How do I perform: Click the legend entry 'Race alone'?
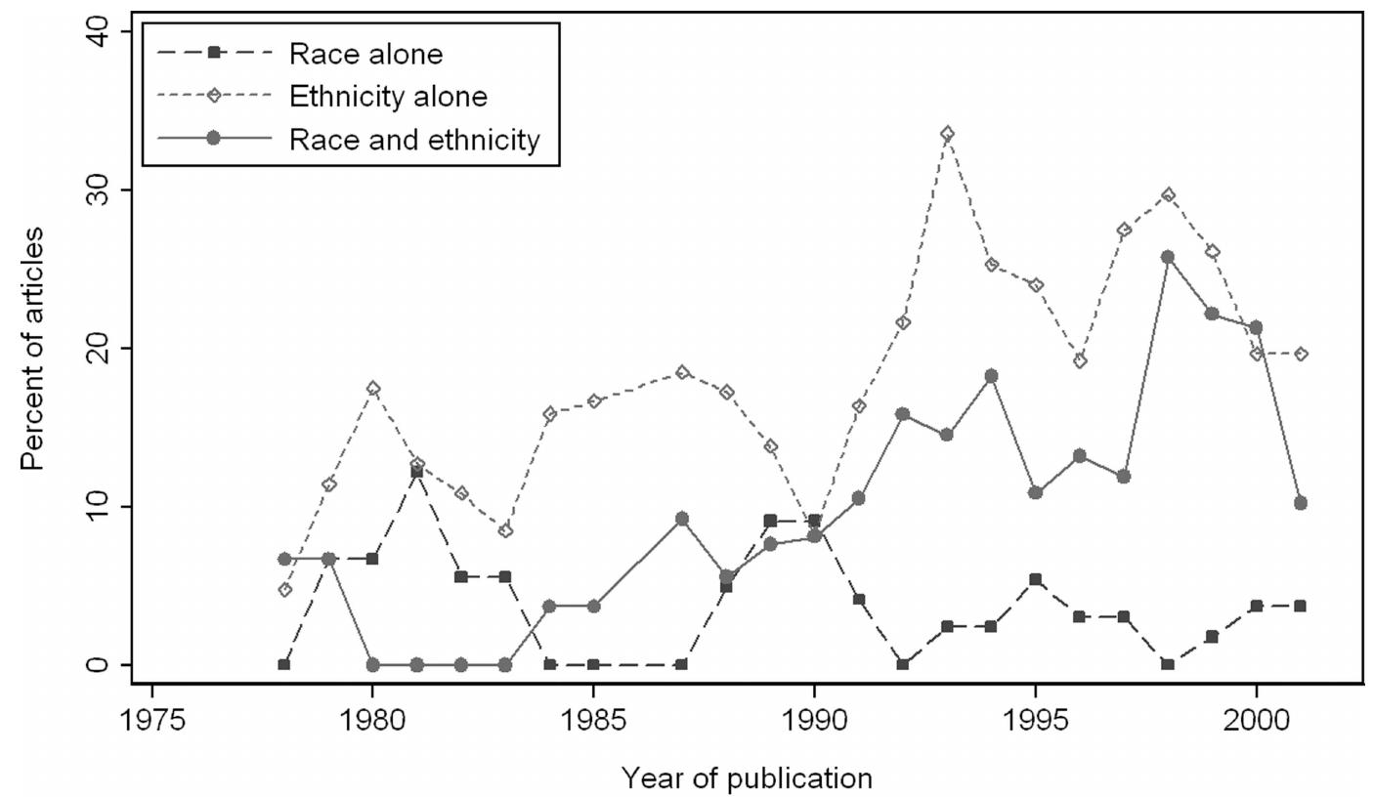click(365, 55)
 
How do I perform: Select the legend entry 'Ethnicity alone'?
click(388, 97)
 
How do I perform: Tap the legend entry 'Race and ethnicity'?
click(413, 140)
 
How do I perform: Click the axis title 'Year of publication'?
click(747, 777)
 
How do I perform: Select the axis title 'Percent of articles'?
click(32, 348)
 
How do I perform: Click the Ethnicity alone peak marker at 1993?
click(947, 134)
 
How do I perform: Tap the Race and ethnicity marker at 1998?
click(1167, 257)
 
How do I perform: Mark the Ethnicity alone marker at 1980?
click(372, 389)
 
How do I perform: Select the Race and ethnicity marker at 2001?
click(1300, 503)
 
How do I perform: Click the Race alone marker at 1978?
click(284, 664)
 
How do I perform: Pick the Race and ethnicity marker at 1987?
click(681, 519)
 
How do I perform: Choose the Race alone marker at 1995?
click(1035, 579)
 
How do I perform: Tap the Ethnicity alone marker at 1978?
click(284, 590)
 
